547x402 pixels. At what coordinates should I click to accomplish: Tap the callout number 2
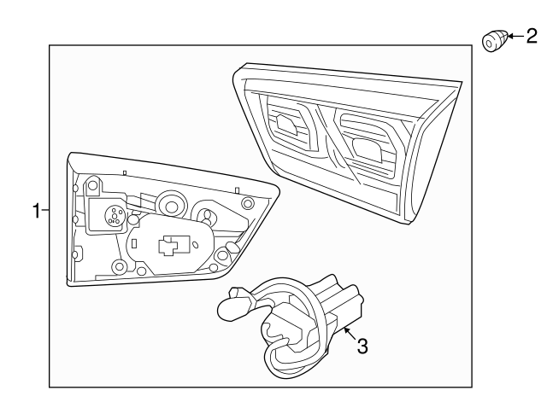tap(531, 36)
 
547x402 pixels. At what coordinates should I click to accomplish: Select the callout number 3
tap(362, 346)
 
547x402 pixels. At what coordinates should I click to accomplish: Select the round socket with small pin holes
tap(112, 216)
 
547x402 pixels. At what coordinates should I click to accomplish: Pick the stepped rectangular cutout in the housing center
tap(171, 245)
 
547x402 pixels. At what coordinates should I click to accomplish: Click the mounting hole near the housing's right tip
tap(248, 203)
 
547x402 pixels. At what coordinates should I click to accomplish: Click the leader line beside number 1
tap(46, 210)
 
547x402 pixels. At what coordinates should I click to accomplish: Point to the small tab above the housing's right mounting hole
tap(237, 188)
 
